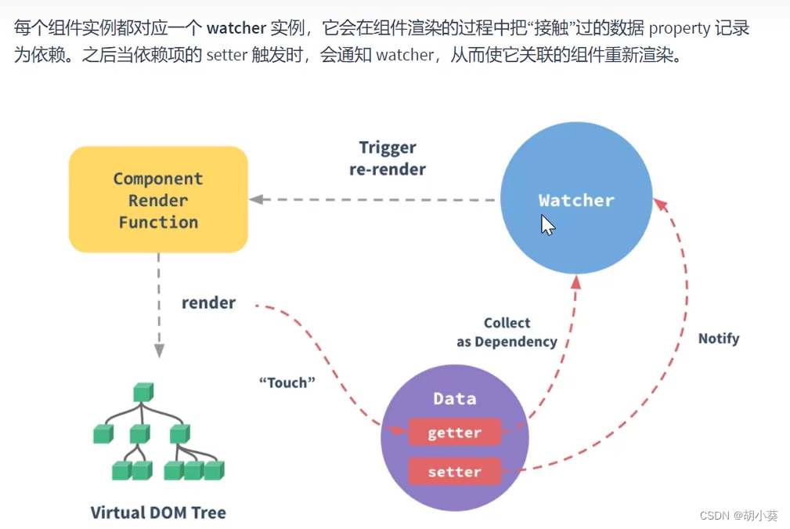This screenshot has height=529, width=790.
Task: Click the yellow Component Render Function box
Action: pyautogui.click(x=158, y=200)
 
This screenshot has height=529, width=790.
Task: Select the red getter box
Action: pyautogui.click(x=454, y=433)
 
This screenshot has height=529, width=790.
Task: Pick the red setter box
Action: pyautogui.click(x=454, y=472)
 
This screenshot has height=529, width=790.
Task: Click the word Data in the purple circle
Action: pyautogui.click(x=454, y=399)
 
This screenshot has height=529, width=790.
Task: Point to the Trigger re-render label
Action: pyautogui.click(x=388, y=158)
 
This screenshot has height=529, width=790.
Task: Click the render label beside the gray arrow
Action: pyautogui.click(x=208, y=303)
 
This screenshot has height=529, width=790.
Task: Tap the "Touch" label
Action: pyautogui.click(x=287, y=382)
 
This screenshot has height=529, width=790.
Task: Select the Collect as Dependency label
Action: pyautogui.click(x=507, y=332)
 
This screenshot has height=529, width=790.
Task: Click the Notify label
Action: pyautogui.click(x=718, y=339)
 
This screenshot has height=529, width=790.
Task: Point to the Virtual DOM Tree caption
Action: pyautogui.click(x=158, y=513)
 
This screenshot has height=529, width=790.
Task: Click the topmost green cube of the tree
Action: pyautogui.click(x=143, y=391)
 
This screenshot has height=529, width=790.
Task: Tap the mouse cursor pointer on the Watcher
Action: pyautogui.click(x=547, y=224)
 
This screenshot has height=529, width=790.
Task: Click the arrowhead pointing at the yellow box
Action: pyautogui.click(x=255, y=200)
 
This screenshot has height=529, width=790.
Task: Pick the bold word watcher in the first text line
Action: pyautogui.click(x=236, y=29)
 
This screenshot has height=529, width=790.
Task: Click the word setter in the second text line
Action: pyautogui.click(x=226, y=56)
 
